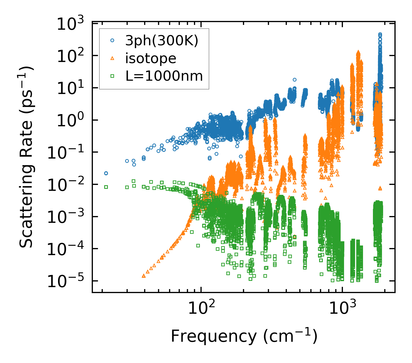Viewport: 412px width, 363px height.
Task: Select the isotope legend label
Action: (151, 59)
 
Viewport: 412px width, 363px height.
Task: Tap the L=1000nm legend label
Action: (164, 76)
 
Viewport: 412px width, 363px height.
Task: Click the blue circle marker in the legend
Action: (112, 41)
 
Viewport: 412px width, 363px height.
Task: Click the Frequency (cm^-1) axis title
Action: (244, 336)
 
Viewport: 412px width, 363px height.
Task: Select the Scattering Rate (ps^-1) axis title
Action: (27, 157)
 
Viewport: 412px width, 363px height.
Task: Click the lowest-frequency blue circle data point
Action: (106, 173)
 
